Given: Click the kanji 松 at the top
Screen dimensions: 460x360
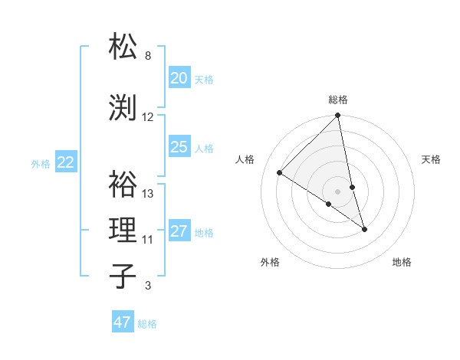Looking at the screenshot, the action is point(123,47).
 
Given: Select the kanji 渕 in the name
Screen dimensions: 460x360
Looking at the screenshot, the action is point(123,107).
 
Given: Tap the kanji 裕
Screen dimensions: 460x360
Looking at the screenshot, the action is point(123,184).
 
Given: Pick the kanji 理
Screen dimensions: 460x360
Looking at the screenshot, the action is point(123,230).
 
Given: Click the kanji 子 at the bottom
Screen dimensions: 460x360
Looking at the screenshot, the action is point(123,276).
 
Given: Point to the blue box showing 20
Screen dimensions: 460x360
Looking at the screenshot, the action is point(179,78).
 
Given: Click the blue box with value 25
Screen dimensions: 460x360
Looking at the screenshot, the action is point(179,147).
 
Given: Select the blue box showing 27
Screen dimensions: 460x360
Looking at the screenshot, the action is point(179,231).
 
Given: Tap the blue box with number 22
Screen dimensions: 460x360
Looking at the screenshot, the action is point(66,162).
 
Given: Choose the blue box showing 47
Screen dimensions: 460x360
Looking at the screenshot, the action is point(123,322).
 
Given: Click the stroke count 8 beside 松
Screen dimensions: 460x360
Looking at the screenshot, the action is point(148,56).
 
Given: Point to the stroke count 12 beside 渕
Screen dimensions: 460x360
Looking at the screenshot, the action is point(148,117).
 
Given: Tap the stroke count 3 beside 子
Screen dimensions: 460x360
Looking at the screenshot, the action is point(148,286).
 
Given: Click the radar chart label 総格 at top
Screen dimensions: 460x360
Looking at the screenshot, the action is point(338,100).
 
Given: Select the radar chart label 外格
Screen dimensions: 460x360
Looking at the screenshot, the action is point(270,262).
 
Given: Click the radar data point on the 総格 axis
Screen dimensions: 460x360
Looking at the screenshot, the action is point(338,116).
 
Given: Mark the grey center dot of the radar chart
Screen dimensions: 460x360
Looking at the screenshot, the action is point(338,191).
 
